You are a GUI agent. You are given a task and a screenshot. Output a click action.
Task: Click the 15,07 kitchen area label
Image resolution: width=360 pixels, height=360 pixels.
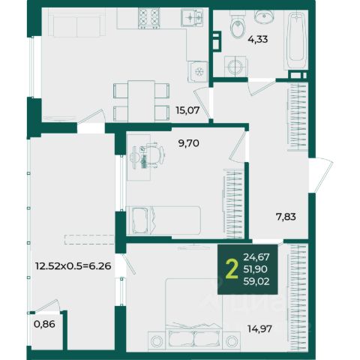click(x=187, y=110)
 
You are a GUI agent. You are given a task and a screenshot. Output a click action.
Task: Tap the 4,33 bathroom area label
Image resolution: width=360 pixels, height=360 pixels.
click(x=258, y=39)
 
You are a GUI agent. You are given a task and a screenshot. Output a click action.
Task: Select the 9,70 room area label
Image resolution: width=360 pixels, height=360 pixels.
click(x=189, y=143)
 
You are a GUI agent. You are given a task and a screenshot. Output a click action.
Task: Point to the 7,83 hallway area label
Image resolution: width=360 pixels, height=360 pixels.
click(x=286, y=217)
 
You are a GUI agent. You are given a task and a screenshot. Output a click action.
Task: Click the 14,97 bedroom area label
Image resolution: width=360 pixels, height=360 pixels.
click(x=259, y=328)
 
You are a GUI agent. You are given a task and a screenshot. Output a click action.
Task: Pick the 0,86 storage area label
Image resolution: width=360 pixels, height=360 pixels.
click(x=44, y=324)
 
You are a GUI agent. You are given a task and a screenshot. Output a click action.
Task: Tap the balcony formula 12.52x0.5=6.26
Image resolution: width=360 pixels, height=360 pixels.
click(x=73, y=266)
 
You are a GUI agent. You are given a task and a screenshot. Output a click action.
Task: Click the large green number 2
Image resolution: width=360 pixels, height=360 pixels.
click(x=232, y=269)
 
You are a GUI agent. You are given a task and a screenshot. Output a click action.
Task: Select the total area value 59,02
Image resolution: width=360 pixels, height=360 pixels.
click(x=256, y=282)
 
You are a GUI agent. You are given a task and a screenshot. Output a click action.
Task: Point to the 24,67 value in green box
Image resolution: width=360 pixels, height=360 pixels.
click(x=256, y=256)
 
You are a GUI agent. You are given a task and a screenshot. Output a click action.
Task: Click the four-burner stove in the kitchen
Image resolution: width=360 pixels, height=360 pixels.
click(x=149, y=18)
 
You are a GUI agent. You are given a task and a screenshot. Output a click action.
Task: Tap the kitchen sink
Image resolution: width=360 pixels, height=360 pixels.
click(x=192, y=17)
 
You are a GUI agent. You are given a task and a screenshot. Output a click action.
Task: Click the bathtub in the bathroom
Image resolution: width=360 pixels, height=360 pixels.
click(x=296, y=40)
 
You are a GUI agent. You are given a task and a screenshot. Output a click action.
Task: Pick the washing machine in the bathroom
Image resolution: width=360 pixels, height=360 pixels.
click(x=236, y=66)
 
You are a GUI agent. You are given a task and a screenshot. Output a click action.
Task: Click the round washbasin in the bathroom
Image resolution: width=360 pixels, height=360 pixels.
click(x=264, y=16)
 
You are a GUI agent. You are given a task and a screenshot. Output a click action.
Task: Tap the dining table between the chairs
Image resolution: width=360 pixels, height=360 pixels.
click(x=141, y=101)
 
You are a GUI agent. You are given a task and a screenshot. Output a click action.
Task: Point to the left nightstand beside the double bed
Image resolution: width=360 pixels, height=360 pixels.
click(x=157, y=341)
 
